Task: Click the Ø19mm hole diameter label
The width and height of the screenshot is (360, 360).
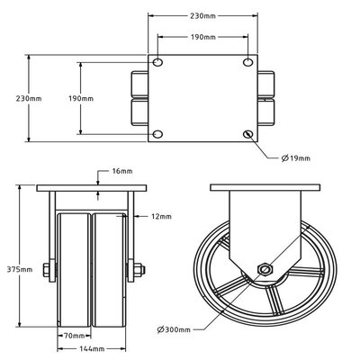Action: (296, 158)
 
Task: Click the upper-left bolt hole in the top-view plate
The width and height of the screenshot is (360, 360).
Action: (158, 63)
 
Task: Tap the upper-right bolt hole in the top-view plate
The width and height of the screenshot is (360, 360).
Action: (247, 63)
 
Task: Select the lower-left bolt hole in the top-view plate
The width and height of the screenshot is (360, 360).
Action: (158, 134)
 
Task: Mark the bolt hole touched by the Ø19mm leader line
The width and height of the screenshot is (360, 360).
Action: (247, 134)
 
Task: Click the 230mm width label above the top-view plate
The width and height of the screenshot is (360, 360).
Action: (202, 16)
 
